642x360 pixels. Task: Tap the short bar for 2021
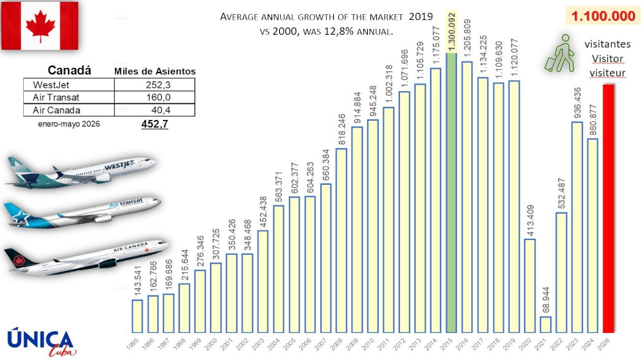click(545, 325)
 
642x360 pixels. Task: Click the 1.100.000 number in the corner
click(603, 16)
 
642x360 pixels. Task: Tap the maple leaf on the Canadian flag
click(40, 26)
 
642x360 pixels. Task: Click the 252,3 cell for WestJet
click(155, 84)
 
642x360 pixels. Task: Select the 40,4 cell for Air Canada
click(157, 110)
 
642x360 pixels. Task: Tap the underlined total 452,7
click(155, 124)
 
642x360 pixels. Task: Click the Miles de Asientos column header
click(155, 71)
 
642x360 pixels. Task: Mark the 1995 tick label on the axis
click(133, 347)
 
